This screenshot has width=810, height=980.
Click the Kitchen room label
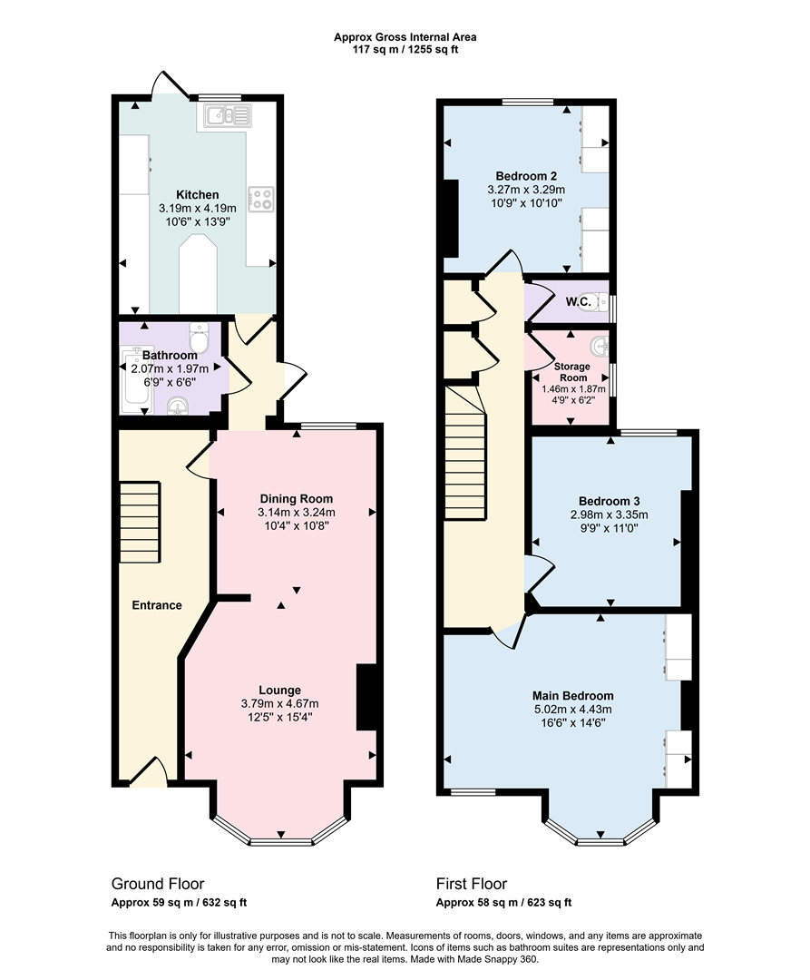pyautogui.click(x=197, y=194)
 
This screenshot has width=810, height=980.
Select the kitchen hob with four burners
pyautogui.click(x=261, y=198)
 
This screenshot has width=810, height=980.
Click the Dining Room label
pyautogui.click(x=297, y=498)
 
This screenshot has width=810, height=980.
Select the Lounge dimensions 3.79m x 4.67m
pyautogui.click(x=280, y=703)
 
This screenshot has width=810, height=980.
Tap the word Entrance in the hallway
pyautogui.click(x=157, y=605)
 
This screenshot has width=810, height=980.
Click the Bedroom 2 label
pyautogui.click(x=526, y=176)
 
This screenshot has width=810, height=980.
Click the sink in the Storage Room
pyautogui.click(x=598, y=347)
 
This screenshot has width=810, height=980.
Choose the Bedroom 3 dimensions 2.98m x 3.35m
pyautogui.click(x=610, y=514)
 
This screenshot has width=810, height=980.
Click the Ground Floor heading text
pyautogui.click(x=158, y=883)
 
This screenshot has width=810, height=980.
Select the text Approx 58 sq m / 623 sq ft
pyautogui.click(x=503, y=902)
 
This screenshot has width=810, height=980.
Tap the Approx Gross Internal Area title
pyautogui.click(x=405, y=37)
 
